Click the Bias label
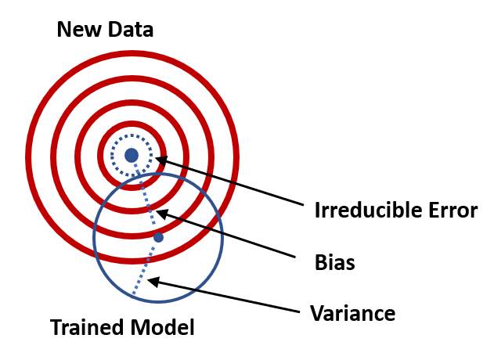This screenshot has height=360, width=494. [334, 262]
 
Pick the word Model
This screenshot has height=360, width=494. [163, 327]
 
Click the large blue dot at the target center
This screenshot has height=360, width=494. [132, 155]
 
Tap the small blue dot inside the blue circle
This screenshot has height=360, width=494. [158, 237]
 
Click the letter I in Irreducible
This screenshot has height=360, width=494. [317, 211]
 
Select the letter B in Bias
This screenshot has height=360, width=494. [319, 262]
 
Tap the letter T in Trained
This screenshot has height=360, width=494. [56, 327]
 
